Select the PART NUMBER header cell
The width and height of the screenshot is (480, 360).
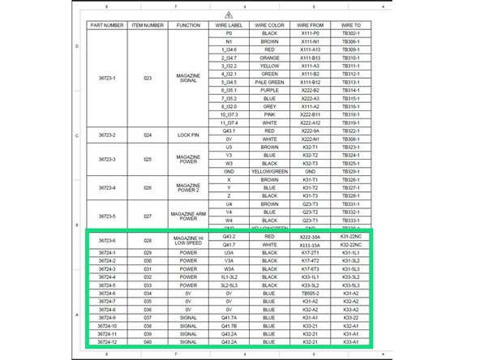tap(107, 25)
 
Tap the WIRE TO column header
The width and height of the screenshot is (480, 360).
tap(350, 25)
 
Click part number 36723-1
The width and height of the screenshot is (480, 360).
tap(107, 79)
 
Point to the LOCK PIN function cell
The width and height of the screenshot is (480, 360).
tap(188, 134)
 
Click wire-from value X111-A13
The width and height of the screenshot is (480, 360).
tap(310, 49)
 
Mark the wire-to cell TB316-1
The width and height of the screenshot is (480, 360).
tap(350, 106)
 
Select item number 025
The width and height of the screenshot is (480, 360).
tap(148, 159)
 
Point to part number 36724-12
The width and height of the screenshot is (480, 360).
tap(107, 341)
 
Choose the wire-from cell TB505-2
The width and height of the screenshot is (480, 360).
tap(310, 293)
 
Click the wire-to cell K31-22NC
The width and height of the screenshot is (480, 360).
tap(350, 244)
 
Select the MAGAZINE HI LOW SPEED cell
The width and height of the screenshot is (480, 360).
tap(188, 240)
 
